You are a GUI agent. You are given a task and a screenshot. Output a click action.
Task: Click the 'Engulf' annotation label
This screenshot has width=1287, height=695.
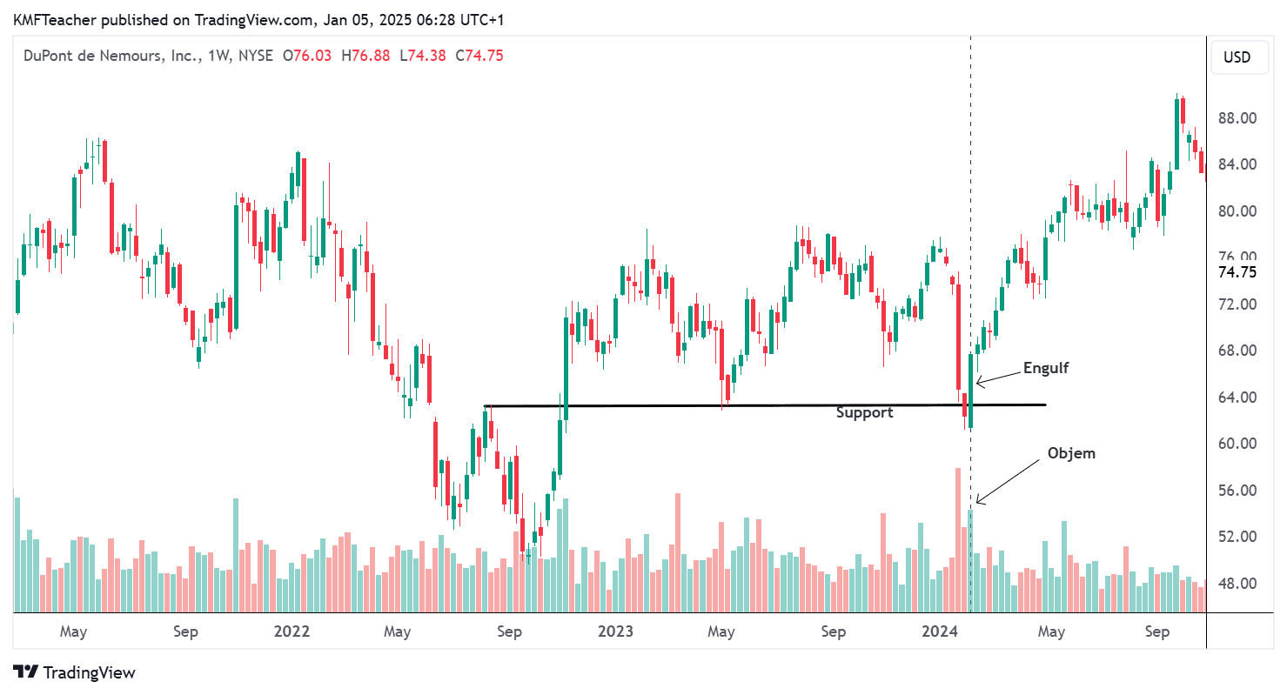click(x=1045, y=368)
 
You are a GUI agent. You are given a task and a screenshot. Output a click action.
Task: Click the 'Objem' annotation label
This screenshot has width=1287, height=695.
click(x=1071, y=453)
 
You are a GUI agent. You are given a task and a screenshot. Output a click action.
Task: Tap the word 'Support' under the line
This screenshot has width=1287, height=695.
click(x=864, y=413)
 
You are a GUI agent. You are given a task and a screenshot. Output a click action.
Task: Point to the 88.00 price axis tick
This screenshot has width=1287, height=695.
click(x=1237, y=118)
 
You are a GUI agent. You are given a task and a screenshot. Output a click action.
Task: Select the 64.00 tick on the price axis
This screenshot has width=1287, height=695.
click(x=1237, y=398)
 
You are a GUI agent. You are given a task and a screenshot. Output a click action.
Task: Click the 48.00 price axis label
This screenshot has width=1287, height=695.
click(x=1237, y=584)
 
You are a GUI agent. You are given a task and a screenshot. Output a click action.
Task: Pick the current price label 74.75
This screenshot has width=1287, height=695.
click(x=1237, y=272)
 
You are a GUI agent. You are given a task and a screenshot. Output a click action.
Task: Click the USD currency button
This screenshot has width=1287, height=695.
click(x=1237, y=57)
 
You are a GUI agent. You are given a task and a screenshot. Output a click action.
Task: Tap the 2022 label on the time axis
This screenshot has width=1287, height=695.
click(x=292, y=632)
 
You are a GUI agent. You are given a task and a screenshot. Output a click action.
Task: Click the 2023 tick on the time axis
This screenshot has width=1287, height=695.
click(x=616, y=632)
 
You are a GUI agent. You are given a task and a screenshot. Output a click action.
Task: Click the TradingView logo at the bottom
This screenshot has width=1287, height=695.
click(x=75, y=672)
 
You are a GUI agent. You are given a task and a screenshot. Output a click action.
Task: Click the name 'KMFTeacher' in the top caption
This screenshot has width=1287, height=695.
click(x=50, y=19)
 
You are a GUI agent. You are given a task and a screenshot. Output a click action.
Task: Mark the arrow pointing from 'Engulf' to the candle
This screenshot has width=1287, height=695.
click(x=997, y=377)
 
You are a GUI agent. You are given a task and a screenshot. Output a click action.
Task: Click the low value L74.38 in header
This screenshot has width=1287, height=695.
click(x=420, y=56)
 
